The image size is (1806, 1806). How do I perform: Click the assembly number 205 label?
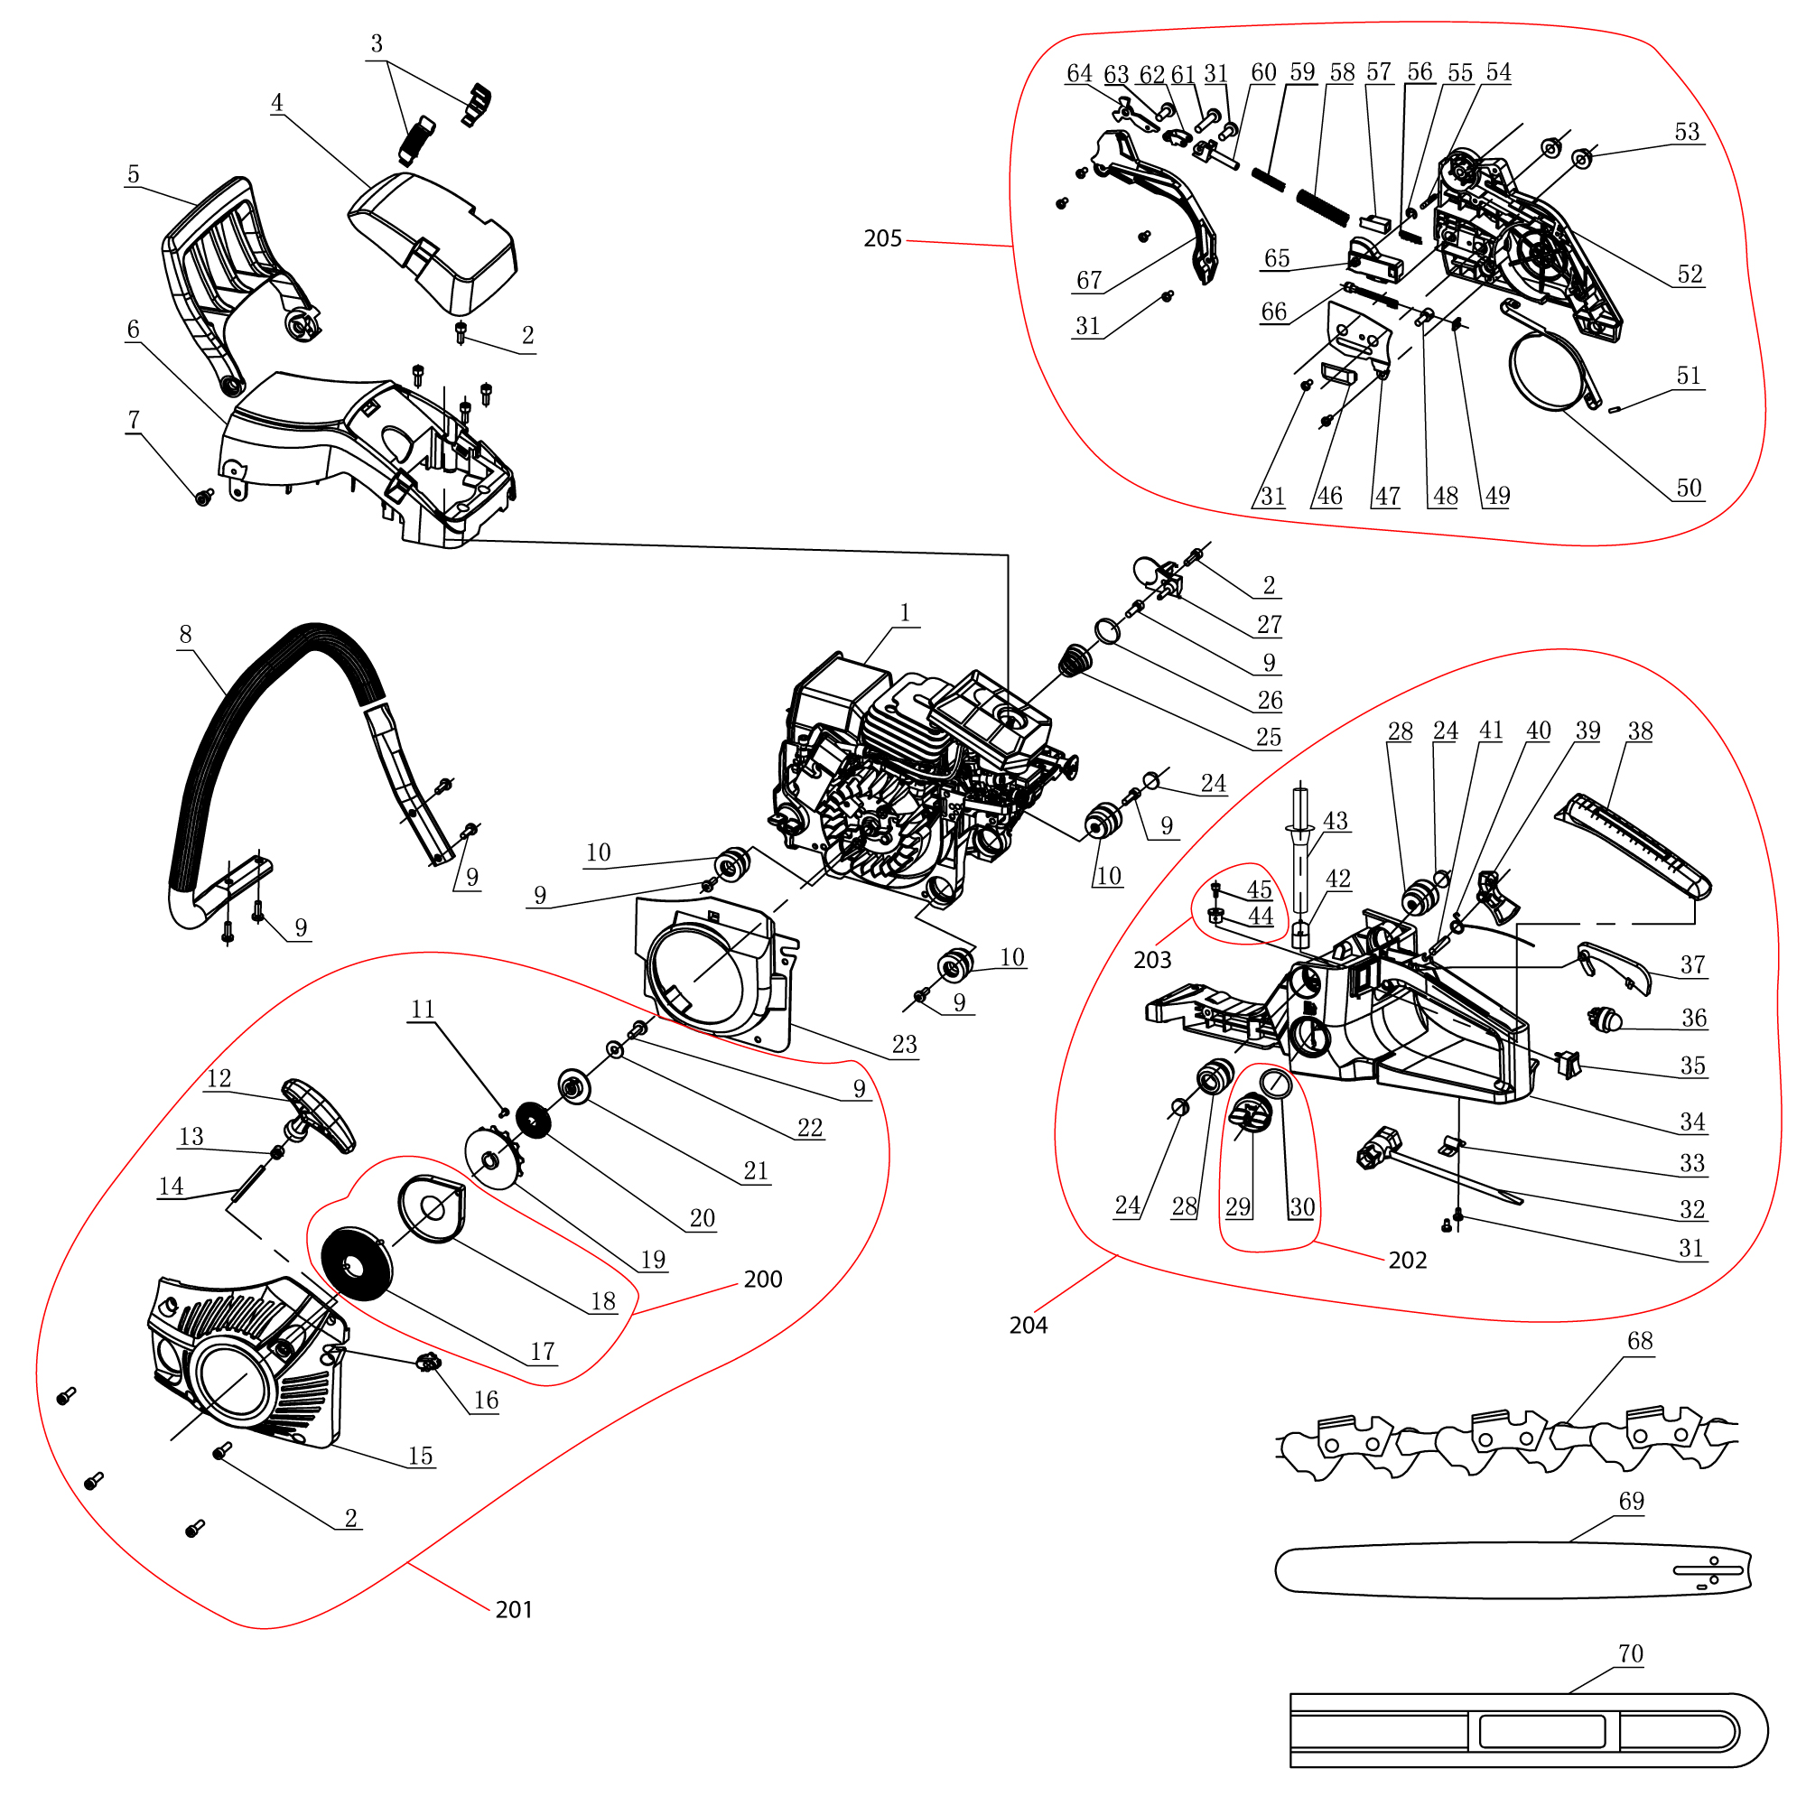pos(881,239)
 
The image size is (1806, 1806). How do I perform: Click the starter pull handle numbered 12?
pos(319,1116)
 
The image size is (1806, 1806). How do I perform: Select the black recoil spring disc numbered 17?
pos(356,1264)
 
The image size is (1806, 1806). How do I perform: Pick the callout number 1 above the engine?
pos(904,613)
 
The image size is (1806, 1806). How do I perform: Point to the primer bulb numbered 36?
pos(1605,1018)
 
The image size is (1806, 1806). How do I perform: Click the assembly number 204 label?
pos(1028,1326)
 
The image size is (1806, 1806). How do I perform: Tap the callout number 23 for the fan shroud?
pos(904,1045)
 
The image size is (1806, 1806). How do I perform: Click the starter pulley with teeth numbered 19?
pos(492,1159)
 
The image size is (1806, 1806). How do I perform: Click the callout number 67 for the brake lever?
pos(1089,281)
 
